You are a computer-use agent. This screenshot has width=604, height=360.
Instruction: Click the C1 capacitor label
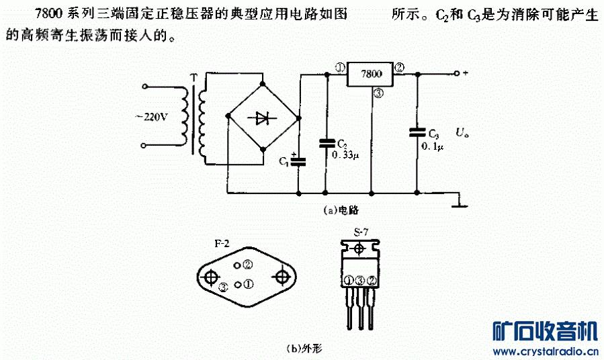[284, 161]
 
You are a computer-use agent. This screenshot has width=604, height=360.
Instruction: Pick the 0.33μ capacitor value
[347, 155]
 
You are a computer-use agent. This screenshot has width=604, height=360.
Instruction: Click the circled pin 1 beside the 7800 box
[339, 68]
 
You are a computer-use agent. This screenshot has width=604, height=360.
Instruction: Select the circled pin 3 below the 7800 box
[378, 94]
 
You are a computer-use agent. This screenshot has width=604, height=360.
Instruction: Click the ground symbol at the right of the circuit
[460, 203]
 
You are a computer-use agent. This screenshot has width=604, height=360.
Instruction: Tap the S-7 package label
[360, 233]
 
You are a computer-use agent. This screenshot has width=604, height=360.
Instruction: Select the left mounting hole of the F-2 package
[211, 277]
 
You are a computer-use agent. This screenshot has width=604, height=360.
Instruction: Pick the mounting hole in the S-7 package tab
[359, 250]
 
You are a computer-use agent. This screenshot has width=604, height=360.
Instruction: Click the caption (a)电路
[341, 210]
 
